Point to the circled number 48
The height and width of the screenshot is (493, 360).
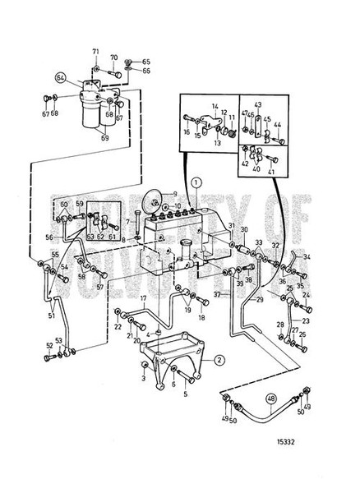270,402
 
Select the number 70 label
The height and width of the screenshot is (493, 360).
114,58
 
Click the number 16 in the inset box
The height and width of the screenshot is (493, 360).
187,131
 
